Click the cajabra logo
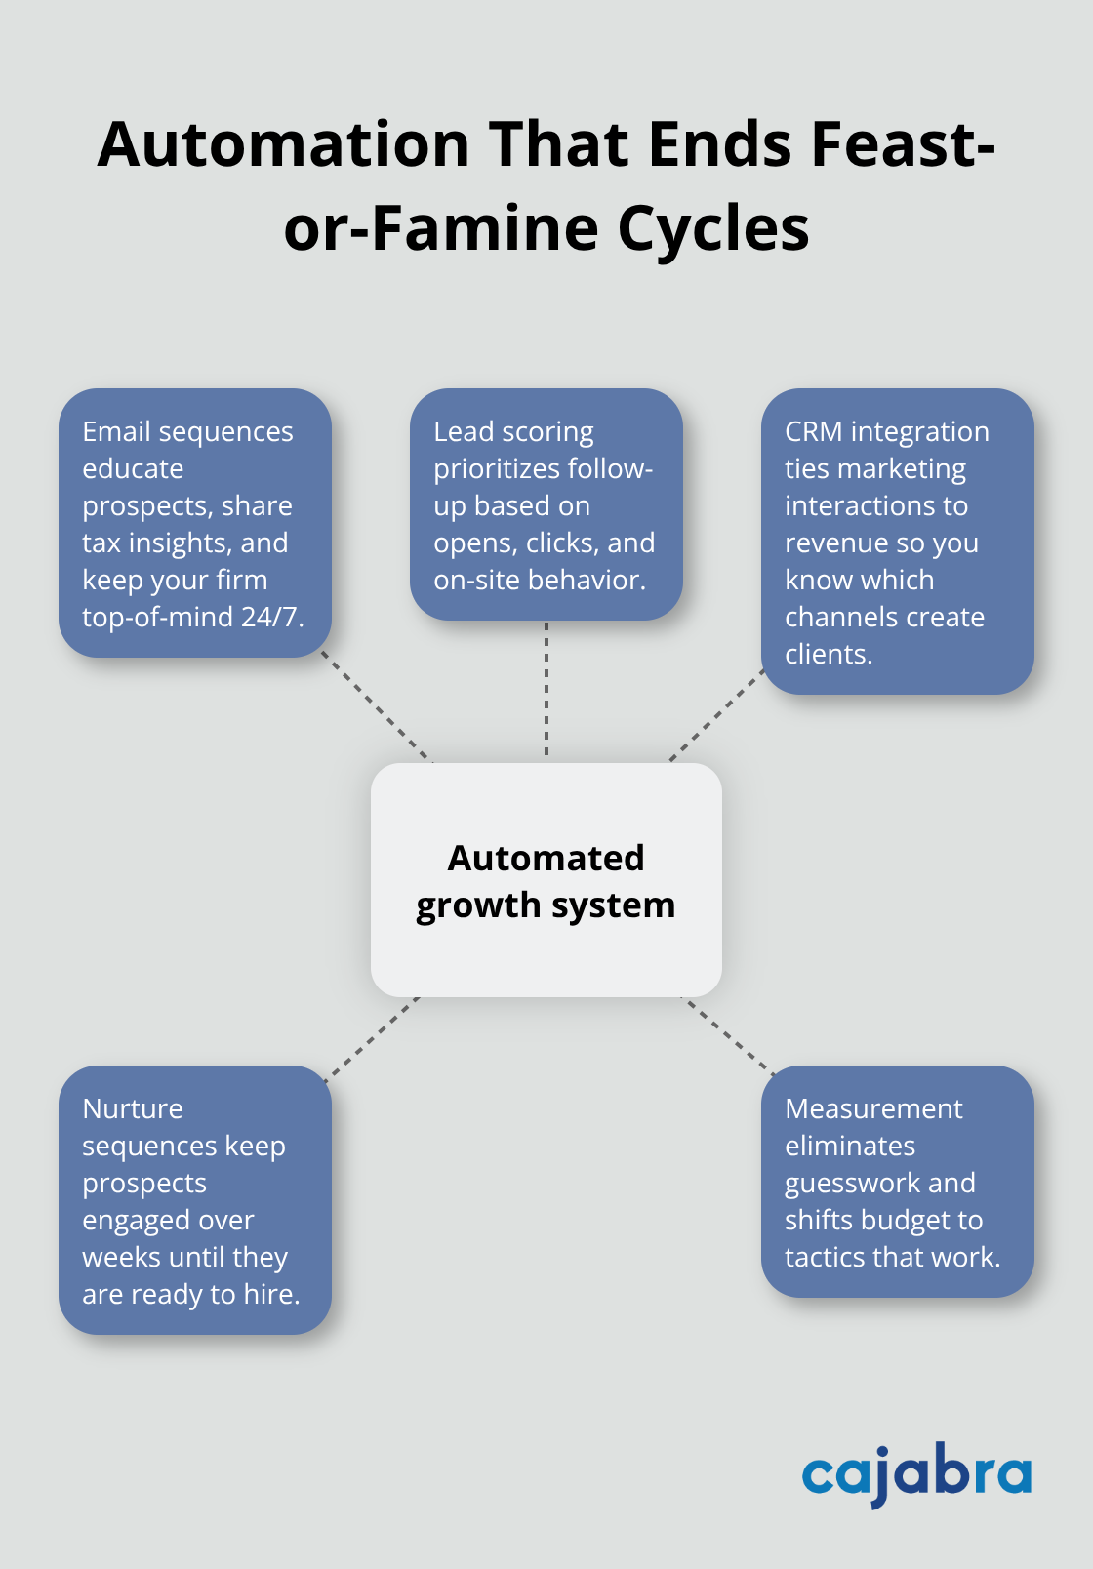pos(915,1473)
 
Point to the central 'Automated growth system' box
pos(546,880)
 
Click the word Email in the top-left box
pos(117,431)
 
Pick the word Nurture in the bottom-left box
pos(133,1108)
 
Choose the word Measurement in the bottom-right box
pos(873,1108)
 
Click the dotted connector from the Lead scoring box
pos(546,691)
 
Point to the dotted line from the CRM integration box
pos(716,716)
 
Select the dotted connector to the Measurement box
pos(728,1034)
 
